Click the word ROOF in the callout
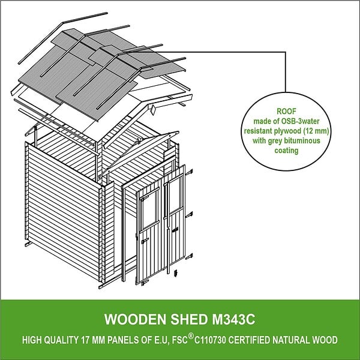(x=286, y=112)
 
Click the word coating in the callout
(x=286, y=151)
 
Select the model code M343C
(x=233, y=319)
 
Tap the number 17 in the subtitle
(x=85, y=340)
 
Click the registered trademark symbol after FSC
(x=191, y=336)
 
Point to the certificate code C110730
(x=210, y=340)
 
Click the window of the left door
(x=149, y=210)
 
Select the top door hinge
(x=189, y=172)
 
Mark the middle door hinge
(x=189, y=215)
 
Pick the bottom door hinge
(x=189, y=256)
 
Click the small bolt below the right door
(x=176, y=273)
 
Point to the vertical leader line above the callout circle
(x=286, y=72)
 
